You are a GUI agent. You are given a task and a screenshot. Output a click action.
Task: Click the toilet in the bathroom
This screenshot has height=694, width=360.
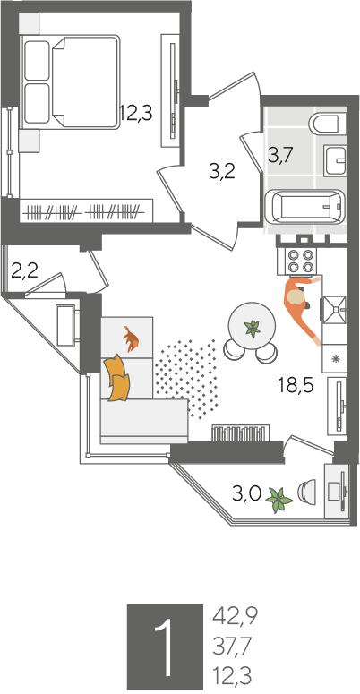[x=327, y=123]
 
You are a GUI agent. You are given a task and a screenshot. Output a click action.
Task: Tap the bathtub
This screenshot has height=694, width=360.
[x=305, y=208]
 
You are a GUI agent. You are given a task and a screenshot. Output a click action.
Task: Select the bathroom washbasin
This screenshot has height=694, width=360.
[x=335, y=159]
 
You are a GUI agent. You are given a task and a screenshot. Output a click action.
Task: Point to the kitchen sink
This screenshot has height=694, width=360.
[x=333, y=309]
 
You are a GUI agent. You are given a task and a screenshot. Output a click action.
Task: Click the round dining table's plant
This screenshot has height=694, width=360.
[x=253, y=329]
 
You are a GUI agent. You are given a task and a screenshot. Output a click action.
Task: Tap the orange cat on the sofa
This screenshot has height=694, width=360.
[x=131, y=339]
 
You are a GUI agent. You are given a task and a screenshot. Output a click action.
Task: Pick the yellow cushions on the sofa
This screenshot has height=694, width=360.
[x=117, y=378]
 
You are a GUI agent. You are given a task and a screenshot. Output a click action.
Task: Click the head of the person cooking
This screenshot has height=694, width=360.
[x=296, y=296]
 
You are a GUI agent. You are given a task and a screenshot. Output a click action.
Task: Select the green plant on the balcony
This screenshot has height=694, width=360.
[x=279, y=501]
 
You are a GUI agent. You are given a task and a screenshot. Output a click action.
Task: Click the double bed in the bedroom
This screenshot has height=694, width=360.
[x=71, y=82]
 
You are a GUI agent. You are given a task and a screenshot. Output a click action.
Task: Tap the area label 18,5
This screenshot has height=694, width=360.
[x=296, y=386]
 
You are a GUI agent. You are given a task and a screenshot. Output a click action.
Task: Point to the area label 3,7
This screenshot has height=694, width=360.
[x=280, y=156]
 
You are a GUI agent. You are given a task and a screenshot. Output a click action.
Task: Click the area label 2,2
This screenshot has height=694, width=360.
[x=24, y=271]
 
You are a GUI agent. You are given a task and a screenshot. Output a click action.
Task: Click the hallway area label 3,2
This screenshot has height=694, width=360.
[x=222, y=171]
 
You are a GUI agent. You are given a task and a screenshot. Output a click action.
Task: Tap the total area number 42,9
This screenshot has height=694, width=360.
[x=236, y=616]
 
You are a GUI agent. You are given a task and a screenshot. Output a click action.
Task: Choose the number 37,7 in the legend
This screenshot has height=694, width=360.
[x=232, y=647]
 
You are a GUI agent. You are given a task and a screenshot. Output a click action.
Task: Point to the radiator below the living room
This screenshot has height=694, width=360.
[x=240, y=433]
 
